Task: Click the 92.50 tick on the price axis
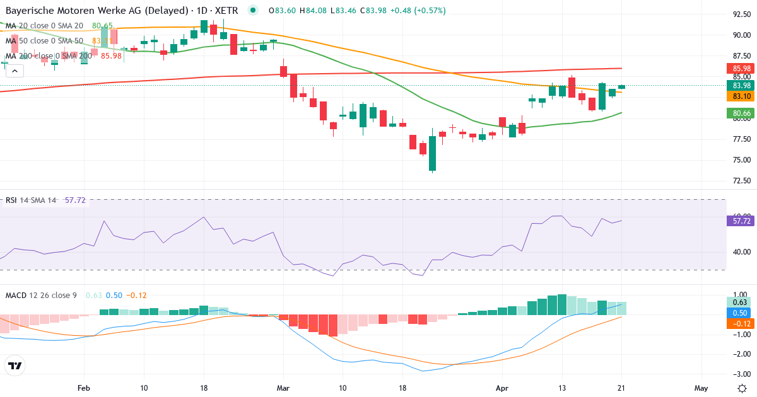pos(741,14)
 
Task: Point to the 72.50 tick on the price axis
pos(741,181)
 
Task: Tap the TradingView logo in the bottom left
pos(15,365)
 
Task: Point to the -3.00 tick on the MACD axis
pos(741,374)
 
